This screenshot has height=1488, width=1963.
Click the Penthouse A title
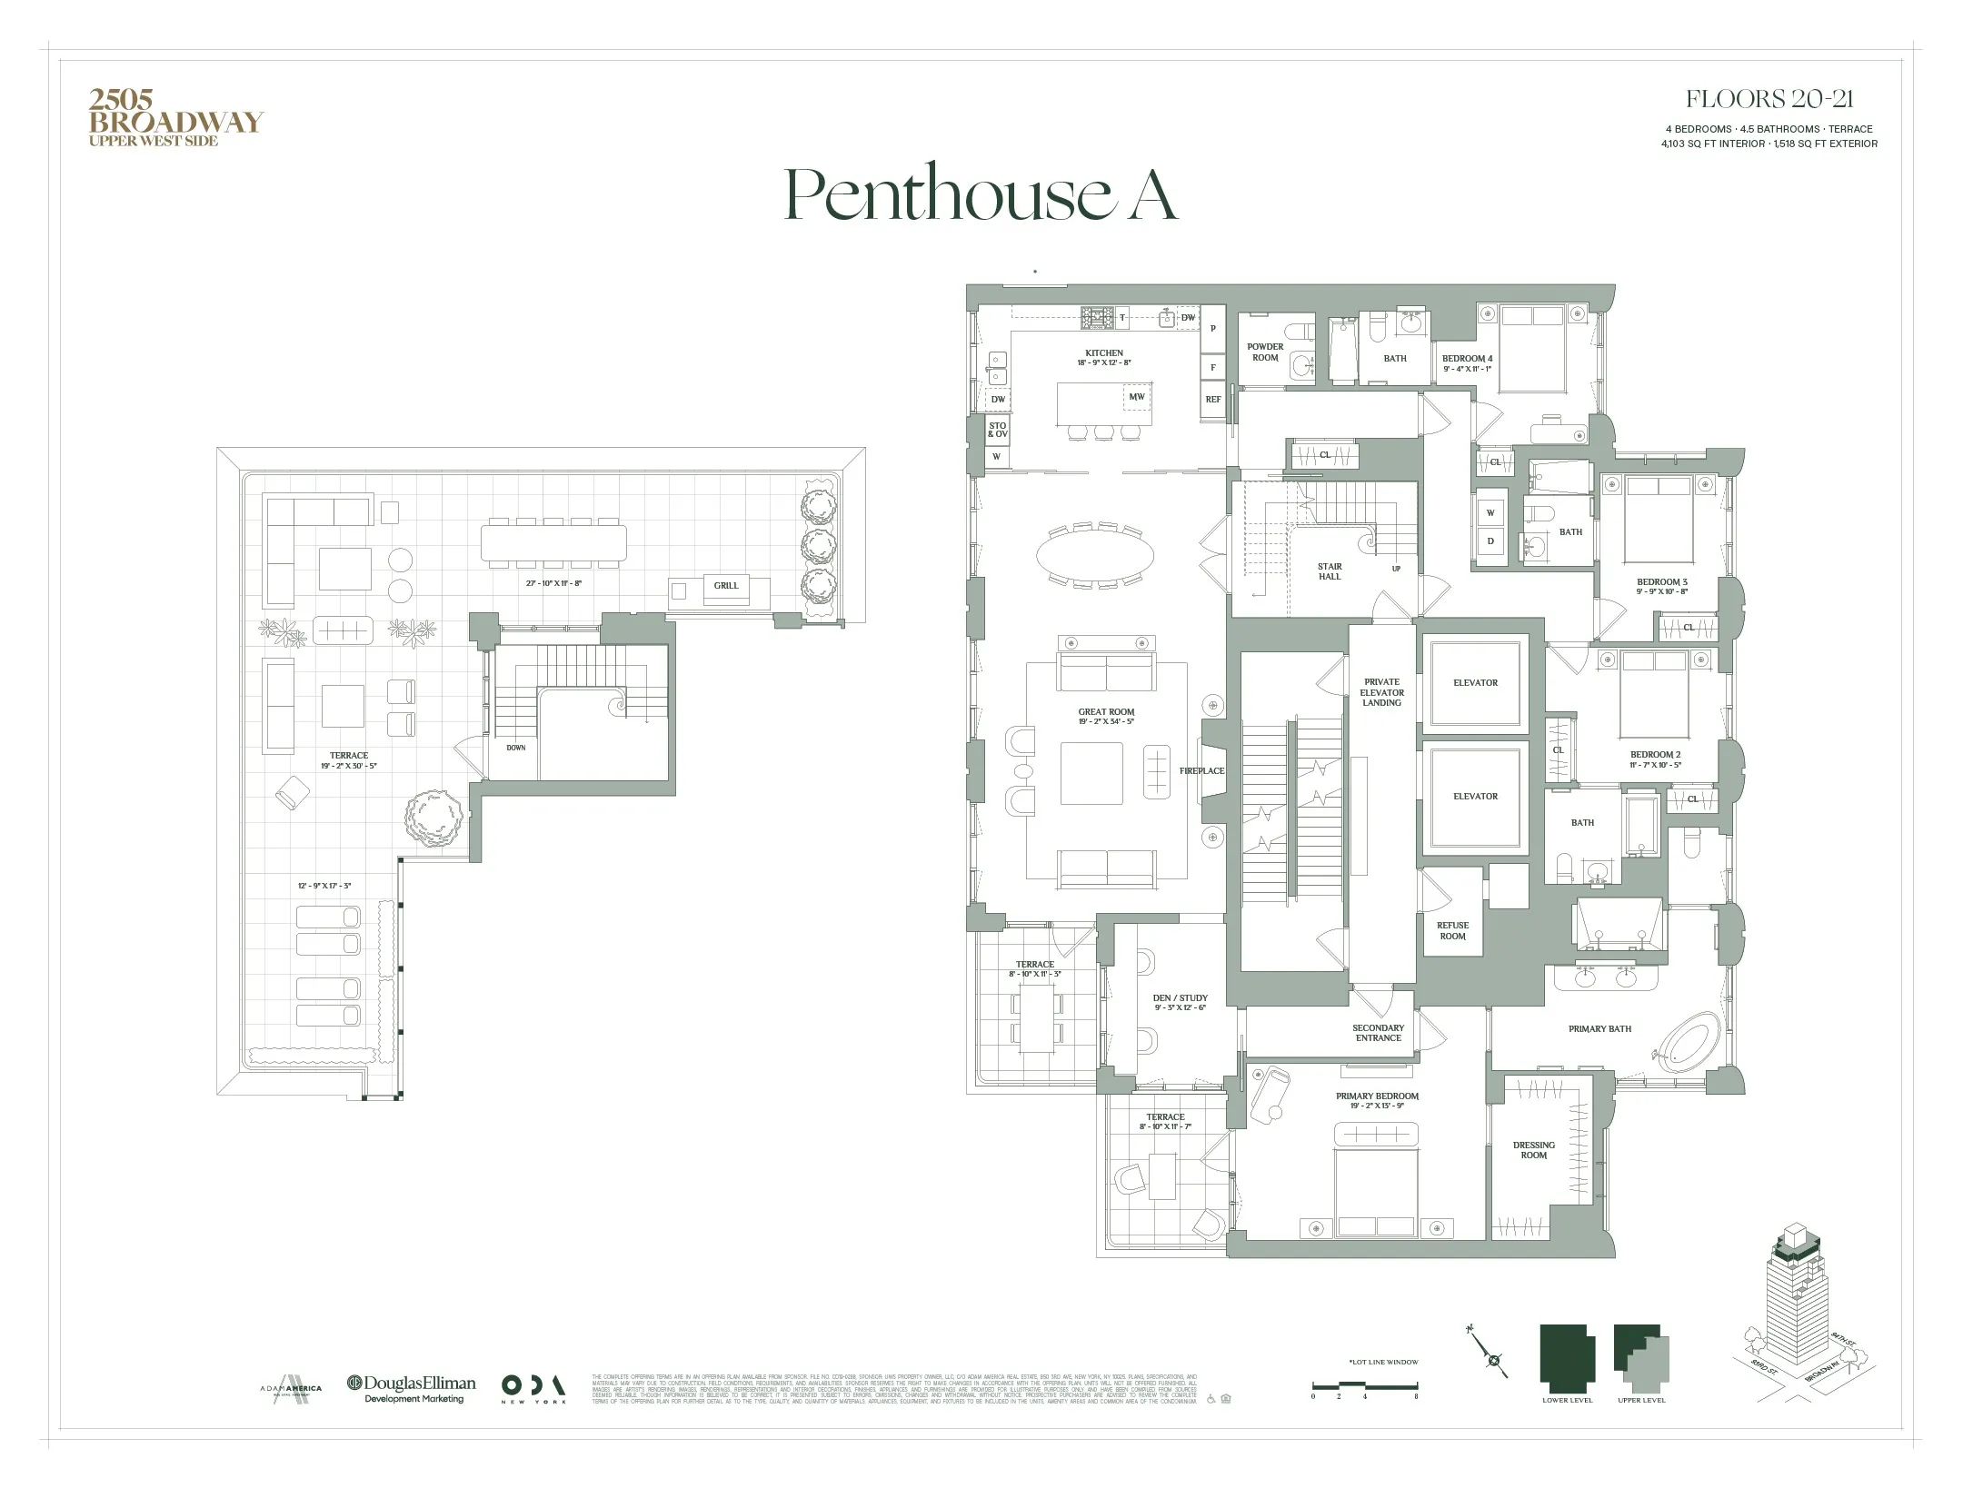coord(981,193)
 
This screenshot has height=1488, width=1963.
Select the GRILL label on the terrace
coord(725,586)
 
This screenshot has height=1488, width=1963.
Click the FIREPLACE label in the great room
coord(1201,771)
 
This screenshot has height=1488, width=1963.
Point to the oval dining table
coord(1095,554)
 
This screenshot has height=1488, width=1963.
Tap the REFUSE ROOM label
coord(1452,931)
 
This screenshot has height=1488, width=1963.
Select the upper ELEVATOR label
coord(1475,683)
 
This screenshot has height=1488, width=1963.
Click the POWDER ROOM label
coord(1265,352)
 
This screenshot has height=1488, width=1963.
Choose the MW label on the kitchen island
coord(1136,397)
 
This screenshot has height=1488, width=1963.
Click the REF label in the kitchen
coord(1212,400)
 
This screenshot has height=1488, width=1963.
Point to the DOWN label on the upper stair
coord(515,748)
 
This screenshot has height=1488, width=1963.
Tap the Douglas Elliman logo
coord(412,1387)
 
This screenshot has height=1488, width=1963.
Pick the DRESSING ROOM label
coord(1533,1150)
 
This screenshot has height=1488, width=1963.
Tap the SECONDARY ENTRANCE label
coord(1378,1033)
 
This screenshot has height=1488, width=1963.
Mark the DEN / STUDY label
coord(1180,1003)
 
